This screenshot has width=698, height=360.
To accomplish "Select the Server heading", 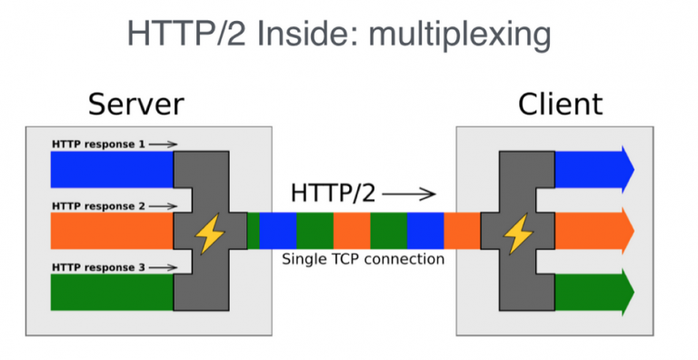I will [x=135, y=104].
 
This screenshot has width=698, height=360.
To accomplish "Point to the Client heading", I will [x=560, y=104].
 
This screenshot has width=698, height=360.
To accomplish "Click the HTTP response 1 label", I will [x=98, y=144].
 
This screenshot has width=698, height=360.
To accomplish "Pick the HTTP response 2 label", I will [x=98, y=206].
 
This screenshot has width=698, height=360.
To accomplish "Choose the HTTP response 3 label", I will [x=98, y=267].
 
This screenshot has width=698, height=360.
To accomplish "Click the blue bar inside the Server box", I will [x=111, y=169].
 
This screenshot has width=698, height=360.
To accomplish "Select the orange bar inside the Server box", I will [x=111, y=231].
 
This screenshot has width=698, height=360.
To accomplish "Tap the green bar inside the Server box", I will [x=111, y=293].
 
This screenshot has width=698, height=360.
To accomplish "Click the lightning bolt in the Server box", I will [x=210, y=232].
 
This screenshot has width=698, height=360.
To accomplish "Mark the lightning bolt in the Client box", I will [x=518, y=232].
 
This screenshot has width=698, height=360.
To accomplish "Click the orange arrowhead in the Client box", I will [x=624, y=231].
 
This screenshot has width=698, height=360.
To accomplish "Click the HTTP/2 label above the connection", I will [x=331, y=193].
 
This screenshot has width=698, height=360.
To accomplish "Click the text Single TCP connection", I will [x=363, y=259].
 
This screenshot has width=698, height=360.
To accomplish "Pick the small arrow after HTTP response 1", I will [x=163, y=144].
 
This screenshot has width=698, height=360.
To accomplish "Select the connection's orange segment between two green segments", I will [x=351, y=231].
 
